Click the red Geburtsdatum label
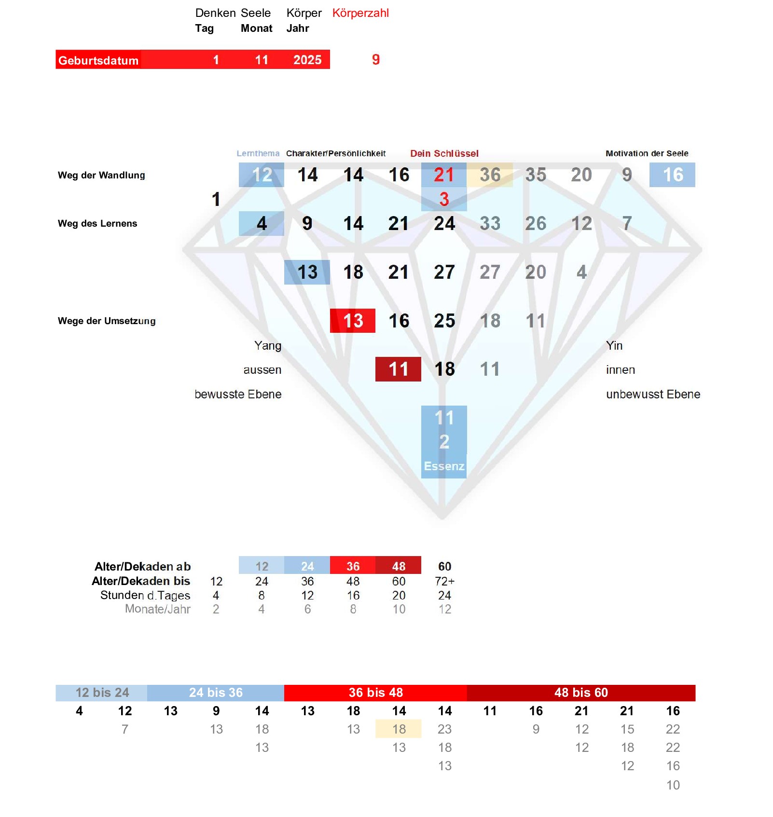pos(98,60)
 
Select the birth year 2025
pos(307,60)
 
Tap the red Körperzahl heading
pos(360,13)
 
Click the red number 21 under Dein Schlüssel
pos(444,175)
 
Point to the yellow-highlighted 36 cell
pos(490,175)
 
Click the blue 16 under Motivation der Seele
pos(673,175)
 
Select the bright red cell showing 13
pos(353,321)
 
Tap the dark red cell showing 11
pos(398,369)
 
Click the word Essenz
pos(444,466)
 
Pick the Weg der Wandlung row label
pos(101,175)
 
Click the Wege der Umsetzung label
pos(107,321)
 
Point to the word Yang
pos(268,345)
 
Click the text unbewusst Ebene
pos(653,394)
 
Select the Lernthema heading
pos(258,153)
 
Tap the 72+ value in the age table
pos(444,581)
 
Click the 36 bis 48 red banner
pos(375,693)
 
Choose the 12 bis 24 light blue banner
pos(102,693)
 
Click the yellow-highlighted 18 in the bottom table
pos(399,729)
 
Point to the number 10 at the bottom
pos(673,785)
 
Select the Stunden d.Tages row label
pos(145,595)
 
